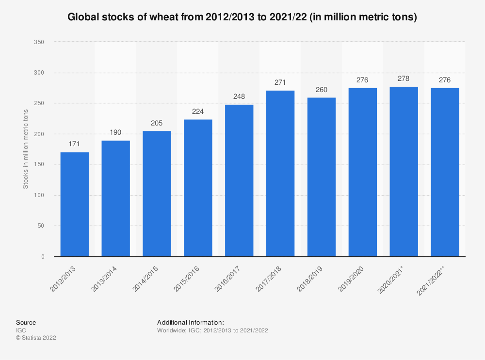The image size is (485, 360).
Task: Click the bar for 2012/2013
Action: pos(74,204)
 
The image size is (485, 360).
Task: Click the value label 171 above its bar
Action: pos(74,144)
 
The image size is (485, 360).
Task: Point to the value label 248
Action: pos(239,97)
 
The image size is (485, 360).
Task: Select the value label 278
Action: pos(404,78)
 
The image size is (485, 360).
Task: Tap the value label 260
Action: pos(321,90)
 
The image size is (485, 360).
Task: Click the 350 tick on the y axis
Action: pos(39,42)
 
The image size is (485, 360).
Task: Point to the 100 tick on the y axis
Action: pos(39,195)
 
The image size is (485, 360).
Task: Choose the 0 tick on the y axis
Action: pos(42,256)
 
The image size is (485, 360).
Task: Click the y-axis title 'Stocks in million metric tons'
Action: pos(26,149)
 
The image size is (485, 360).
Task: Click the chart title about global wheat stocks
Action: pos(242,17)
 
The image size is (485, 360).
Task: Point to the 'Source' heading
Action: pos(26,322)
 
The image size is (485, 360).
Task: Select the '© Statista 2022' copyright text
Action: pos(36,338)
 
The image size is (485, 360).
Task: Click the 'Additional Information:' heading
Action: pos(190,322)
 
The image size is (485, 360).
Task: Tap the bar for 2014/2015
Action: pos(157,193)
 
